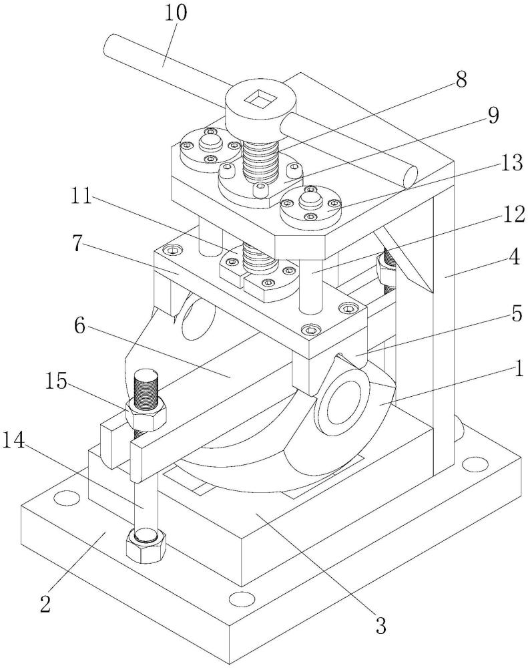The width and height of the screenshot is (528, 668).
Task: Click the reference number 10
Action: [x=175, y=13]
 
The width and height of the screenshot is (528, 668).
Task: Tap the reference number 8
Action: [x=461, y=80]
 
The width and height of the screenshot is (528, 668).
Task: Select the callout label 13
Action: [x=512, y=163]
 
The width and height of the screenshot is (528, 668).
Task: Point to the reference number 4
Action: [x=515, y=257]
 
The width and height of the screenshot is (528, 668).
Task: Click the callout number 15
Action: [x=55, y=381]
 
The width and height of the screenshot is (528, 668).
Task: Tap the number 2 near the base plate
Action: [x=45, y=604]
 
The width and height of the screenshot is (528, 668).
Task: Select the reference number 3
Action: [x=380, y=625]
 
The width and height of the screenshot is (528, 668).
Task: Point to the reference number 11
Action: [x=81, y=197]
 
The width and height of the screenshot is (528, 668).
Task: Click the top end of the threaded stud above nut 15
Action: [x=146, y=377]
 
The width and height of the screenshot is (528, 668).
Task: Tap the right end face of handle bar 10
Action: [x=409, y=177]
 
